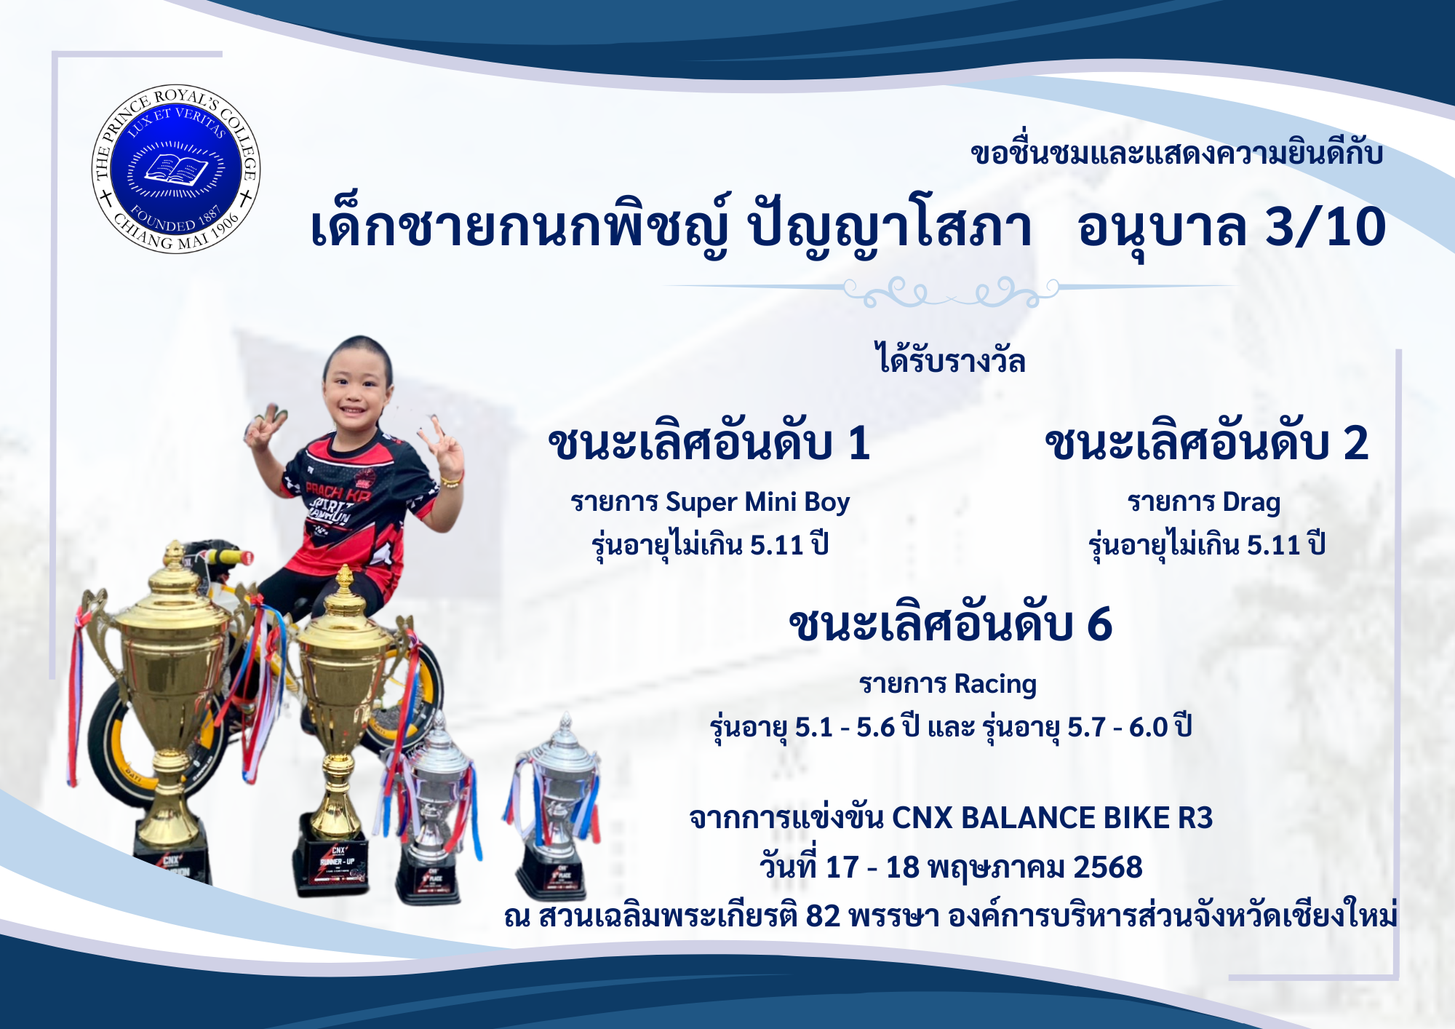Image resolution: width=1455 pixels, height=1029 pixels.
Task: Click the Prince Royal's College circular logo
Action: tap(176, 169)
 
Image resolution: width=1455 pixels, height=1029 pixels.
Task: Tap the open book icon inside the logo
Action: tap(176, 170)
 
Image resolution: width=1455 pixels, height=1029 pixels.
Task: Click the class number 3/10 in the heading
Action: tap(1326, 226)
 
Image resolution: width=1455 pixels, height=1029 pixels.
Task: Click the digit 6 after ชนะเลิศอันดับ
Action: tap(1099, 624)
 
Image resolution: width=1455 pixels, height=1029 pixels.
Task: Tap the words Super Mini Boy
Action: tap(757, 502)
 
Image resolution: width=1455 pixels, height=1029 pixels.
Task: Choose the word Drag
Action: tap(1251, 502)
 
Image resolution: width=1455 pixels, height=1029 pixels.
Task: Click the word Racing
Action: tap(995, 684)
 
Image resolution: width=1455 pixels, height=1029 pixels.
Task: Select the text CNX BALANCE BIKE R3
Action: tap(1053, 818)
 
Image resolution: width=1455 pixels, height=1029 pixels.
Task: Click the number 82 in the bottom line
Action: tap(823, 916)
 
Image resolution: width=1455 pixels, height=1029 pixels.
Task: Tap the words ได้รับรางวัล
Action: tap(950, 360)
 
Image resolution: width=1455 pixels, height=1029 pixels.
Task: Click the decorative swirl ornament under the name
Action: tap(951, 291)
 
